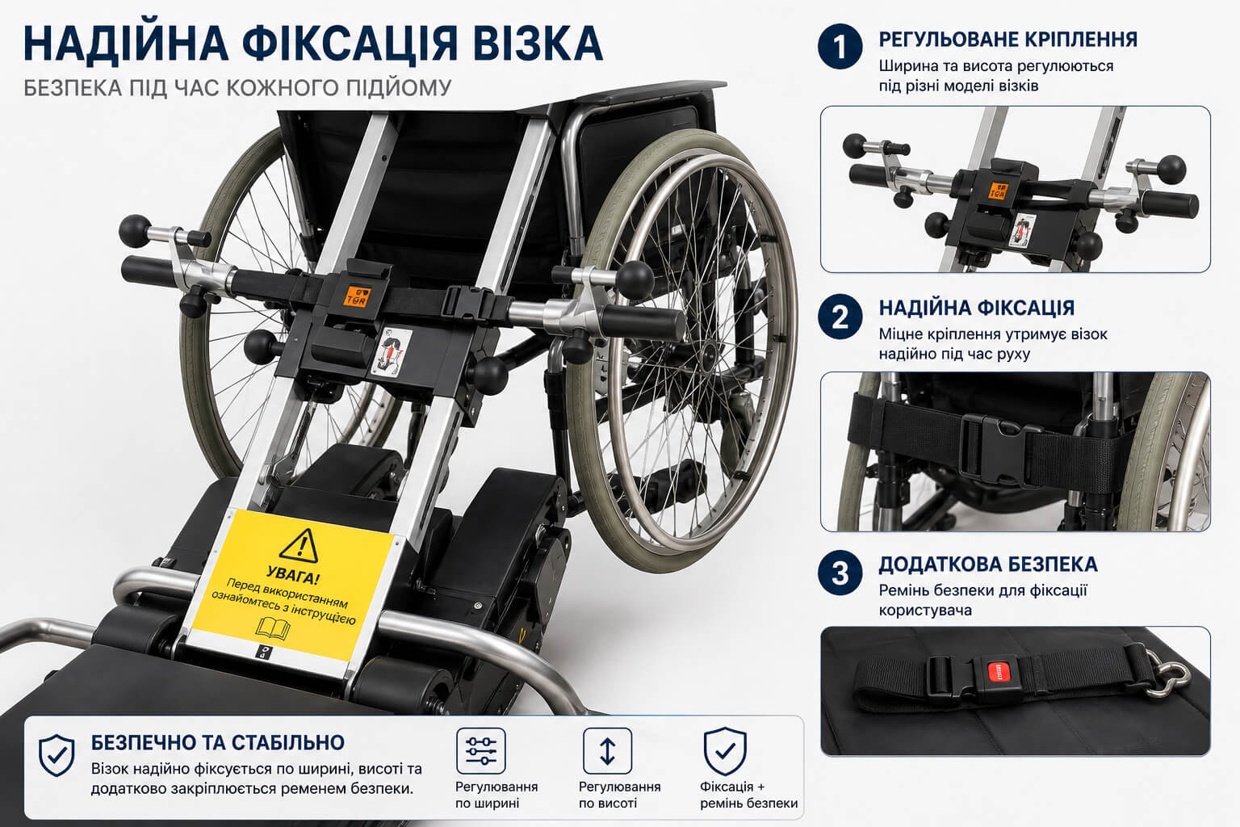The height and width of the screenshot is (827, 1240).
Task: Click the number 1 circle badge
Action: click(x=840, y=47)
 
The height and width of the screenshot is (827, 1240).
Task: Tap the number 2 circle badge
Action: click(x=840, y=317)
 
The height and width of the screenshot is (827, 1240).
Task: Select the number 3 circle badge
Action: click(x=840, y=573)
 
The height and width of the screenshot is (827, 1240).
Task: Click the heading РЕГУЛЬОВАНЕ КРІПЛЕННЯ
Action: click(x=1008, y=40)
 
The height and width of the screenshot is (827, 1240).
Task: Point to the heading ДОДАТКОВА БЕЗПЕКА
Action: click(x=988, y=564)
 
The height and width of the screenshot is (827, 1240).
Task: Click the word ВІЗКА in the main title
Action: click(x=538, y=43)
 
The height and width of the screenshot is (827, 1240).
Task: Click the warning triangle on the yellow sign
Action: click(x=299, y=545)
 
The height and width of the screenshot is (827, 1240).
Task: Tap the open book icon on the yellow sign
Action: click(x=273, y=628)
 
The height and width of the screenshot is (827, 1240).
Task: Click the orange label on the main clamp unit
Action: click(x=355, y=296)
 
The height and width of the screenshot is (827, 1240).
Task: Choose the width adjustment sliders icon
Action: click(x=481, y=750)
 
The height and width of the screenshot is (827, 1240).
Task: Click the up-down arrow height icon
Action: click(x=607, y=750)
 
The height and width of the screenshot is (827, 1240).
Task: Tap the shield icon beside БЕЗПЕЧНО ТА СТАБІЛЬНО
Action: click(x=57, y=756)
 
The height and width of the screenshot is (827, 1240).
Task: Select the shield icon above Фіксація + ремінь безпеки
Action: click(x=725, y=751)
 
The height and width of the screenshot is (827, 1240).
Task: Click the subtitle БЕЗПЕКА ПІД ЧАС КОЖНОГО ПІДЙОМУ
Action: click(x=237, y=88)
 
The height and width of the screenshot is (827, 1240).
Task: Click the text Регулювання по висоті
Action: click(x=619, y=795)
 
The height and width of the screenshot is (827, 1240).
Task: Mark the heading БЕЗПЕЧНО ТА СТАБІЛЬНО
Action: click(x=217, y=742)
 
